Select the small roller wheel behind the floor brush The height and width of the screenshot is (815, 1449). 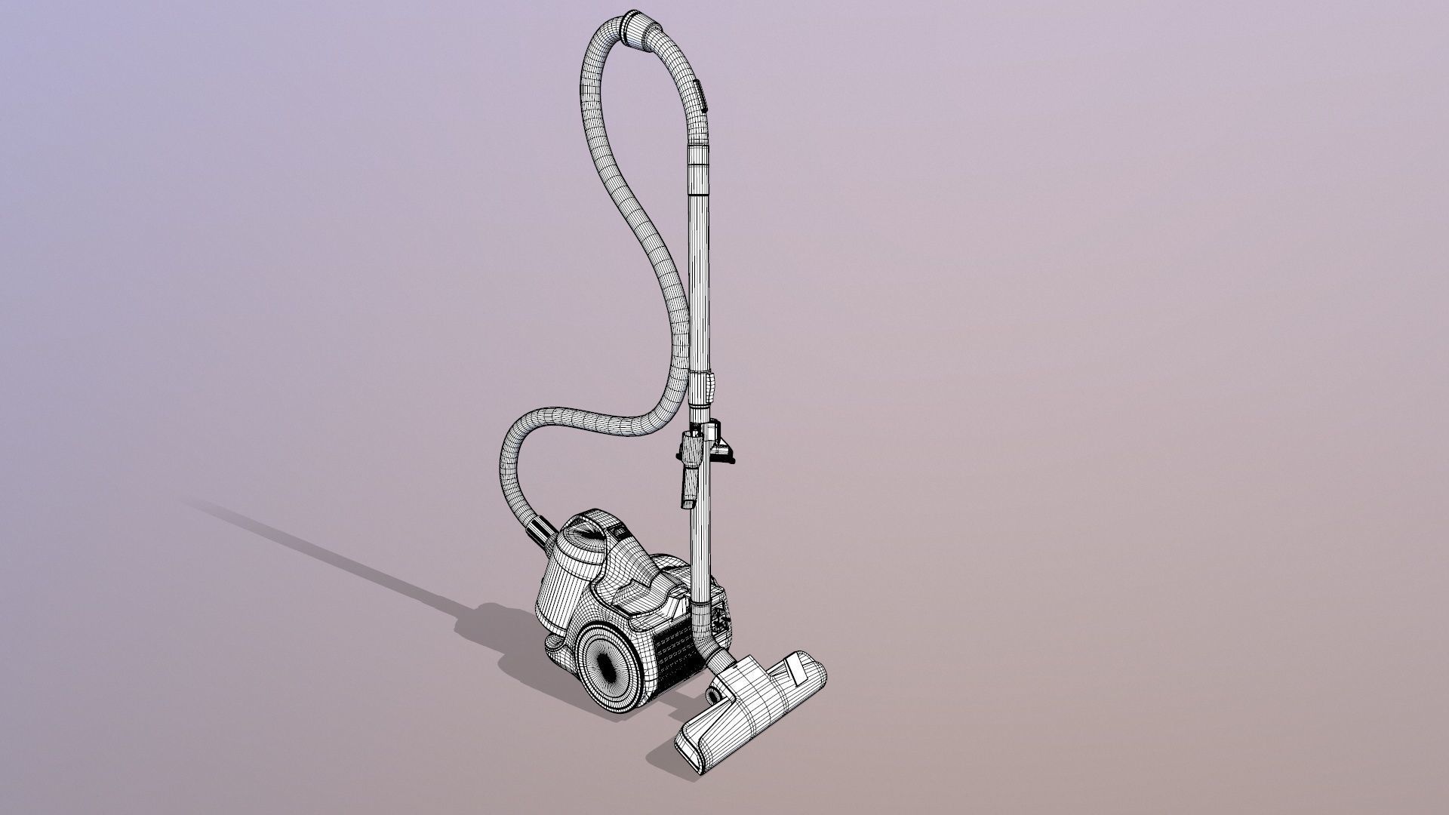[x=712, y=693]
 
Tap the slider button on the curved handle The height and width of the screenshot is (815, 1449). [x=702, y=94]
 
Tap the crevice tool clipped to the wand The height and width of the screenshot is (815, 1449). [x=689, y=468]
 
